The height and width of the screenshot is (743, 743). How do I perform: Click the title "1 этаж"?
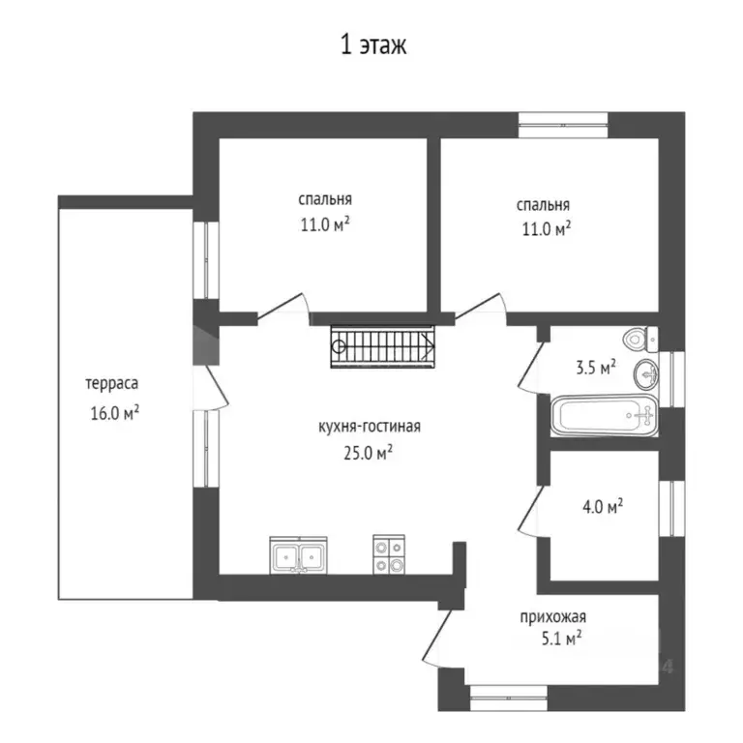(373, 45)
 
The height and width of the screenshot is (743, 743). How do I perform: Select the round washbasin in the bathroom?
(646, 374)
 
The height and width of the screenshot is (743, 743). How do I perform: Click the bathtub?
(604, 416)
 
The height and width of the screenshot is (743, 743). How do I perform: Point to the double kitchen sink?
(298, 555)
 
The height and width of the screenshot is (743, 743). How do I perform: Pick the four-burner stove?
(389, 554)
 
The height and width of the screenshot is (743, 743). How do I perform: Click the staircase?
(382, 346)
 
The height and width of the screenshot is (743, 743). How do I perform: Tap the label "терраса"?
(112, 383)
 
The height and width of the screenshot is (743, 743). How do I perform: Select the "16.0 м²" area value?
(115, 413)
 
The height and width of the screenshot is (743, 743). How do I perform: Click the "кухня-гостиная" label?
(370, 427)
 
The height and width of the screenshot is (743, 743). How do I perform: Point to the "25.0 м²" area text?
(369, 453)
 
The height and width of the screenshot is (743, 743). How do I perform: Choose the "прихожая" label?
(553, 617)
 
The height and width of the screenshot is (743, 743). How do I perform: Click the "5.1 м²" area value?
(561, 639)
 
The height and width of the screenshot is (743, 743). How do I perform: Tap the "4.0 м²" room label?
(603, 507)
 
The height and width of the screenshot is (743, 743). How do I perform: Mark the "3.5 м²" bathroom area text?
(596, 368)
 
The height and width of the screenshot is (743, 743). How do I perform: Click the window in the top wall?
(563, 125)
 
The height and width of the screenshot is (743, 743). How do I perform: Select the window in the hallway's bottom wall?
(509, 698)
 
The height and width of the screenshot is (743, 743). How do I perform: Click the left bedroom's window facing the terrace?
(206, 260)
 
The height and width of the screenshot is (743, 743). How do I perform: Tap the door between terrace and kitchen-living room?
(212, 387)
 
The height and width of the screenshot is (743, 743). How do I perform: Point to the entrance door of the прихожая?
(437, 638)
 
